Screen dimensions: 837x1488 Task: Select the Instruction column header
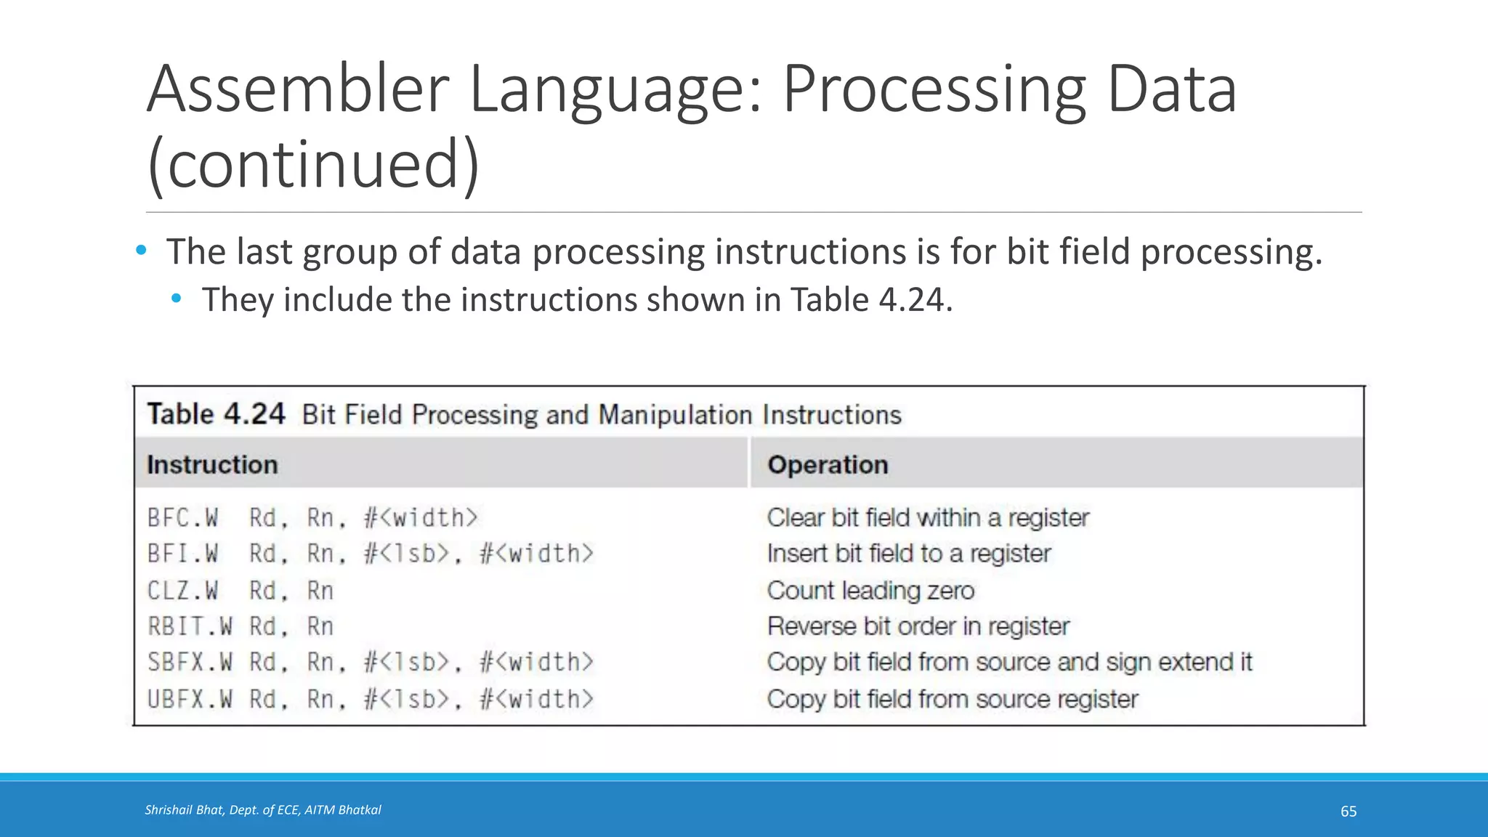pos(212,465)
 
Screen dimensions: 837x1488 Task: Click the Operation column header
pos(828,465)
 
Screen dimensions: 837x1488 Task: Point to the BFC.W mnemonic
pos(182,518)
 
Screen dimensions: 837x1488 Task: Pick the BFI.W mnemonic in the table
pos(182,554)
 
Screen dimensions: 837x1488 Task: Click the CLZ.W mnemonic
pos(182,591)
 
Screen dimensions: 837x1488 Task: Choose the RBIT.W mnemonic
pos(190,626)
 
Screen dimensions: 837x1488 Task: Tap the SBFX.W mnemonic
pos(190,662)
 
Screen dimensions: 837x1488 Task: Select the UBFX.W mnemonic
pos(190,699)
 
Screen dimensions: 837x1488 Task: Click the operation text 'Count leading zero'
pos(870,591)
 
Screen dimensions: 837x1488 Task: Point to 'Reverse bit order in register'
pos(918,626)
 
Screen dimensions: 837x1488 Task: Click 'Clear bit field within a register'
pos(928,518)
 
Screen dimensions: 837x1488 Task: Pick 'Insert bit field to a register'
pos(909,554)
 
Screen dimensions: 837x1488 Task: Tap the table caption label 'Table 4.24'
pos(216,414)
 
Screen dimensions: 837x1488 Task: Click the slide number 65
pos(1348,812)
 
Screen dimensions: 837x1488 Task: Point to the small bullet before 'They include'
pos(177,298)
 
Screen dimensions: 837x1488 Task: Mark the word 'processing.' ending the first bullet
pos(1231,253)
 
